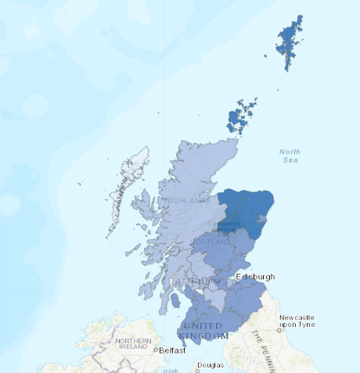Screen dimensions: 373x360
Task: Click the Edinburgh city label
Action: [256, 277]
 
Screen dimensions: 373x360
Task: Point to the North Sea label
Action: [290, 155]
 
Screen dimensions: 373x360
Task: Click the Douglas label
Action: [210, 365]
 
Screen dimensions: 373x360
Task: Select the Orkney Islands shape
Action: [240, 117]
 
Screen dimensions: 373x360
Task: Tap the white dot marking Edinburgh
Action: [232, 277]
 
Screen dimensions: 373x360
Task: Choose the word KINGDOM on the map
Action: [203, 335]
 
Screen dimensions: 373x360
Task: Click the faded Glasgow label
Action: [200, 281]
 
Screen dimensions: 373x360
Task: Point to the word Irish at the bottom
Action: [169, 370]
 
